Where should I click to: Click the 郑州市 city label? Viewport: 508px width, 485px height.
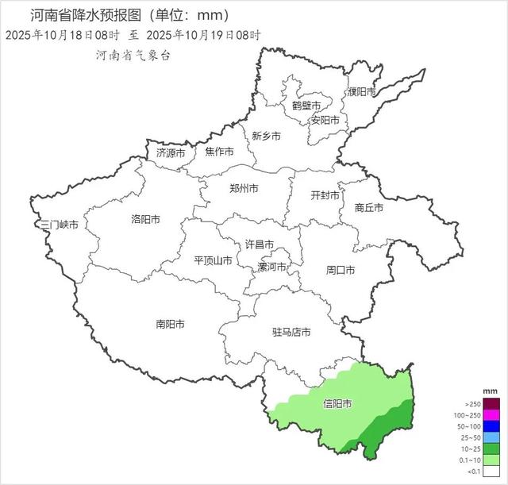(244, 189)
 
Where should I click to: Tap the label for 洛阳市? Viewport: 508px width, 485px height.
(145, 220)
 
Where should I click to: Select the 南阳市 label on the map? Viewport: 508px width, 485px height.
(170, 324)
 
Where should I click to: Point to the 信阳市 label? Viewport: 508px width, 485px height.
(338, 403)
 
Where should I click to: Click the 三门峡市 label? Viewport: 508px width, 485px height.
(60, 225)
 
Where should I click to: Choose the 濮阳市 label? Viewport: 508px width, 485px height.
(361, 92)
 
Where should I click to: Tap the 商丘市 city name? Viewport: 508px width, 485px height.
(369, 207)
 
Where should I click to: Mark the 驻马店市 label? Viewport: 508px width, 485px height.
(291, 332)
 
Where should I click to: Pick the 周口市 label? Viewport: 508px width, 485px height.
(341, 270)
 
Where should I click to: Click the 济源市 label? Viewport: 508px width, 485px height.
(171, 152)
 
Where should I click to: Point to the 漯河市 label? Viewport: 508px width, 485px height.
(273, 268)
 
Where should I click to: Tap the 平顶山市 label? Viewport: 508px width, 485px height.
(214, 260)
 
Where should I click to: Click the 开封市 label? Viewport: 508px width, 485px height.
(325, 195)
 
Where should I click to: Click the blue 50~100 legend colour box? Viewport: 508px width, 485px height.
(491, 426)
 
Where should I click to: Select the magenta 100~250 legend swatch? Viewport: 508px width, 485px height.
(491, 415)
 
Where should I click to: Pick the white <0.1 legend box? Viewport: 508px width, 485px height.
(491, 471)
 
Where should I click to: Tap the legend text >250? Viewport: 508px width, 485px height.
(472, 404)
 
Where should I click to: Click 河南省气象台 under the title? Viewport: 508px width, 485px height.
(133, 56)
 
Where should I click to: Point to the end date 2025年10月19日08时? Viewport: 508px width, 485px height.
(204, 35)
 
